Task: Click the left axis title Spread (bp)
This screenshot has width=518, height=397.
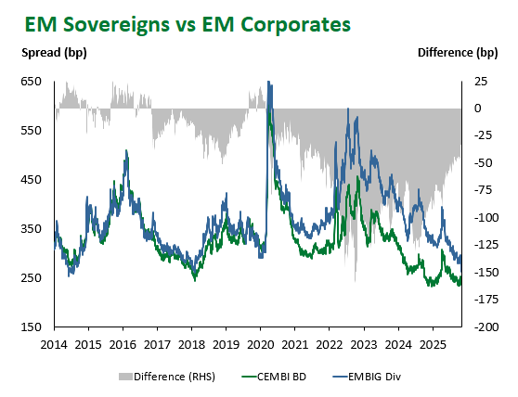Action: coord(54,52)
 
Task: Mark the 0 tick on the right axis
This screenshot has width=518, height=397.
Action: coord(478,109)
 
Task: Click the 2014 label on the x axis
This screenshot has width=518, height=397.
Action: coord(54,343)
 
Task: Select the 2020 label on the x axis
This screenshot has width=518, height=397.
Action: coord(261,343)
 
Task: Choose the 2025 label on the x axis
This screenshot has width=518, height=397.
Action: coord(433,343)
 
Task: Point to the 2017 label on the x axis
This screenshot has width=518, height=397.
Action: coord(157,343)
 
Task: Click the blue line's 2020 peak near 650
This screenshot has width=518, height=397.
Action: coord(269,83)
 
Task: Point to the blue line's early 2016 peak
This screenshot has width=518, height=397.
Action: coord(125,151)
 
